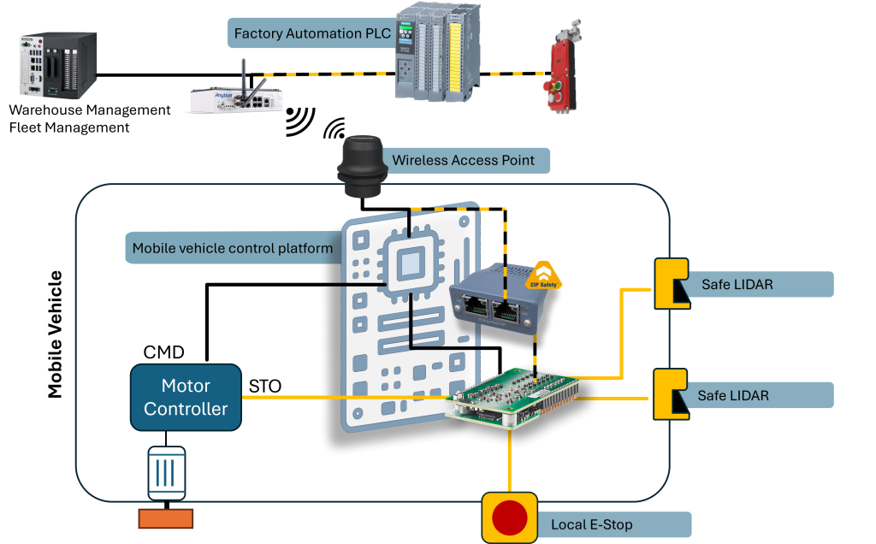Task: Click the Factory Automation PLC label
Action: click(312, 34)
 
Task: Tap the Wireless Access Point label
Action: click(464, 161)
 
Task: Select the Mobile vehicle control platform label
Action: click(232, 249)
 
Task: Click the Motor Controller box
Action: click(186, 398)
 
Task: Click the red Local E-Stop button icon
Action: click(510, 517)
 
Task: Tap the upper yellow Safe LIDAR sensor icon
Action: click(670, 283)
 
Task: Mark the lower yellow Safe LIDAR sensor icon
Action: click(670, 394)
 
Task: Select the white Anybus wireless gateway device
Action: click(237, 96)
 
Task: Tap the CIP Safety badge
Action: click(543, 274)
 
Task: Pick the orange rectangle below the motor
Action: click(166, 518)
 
